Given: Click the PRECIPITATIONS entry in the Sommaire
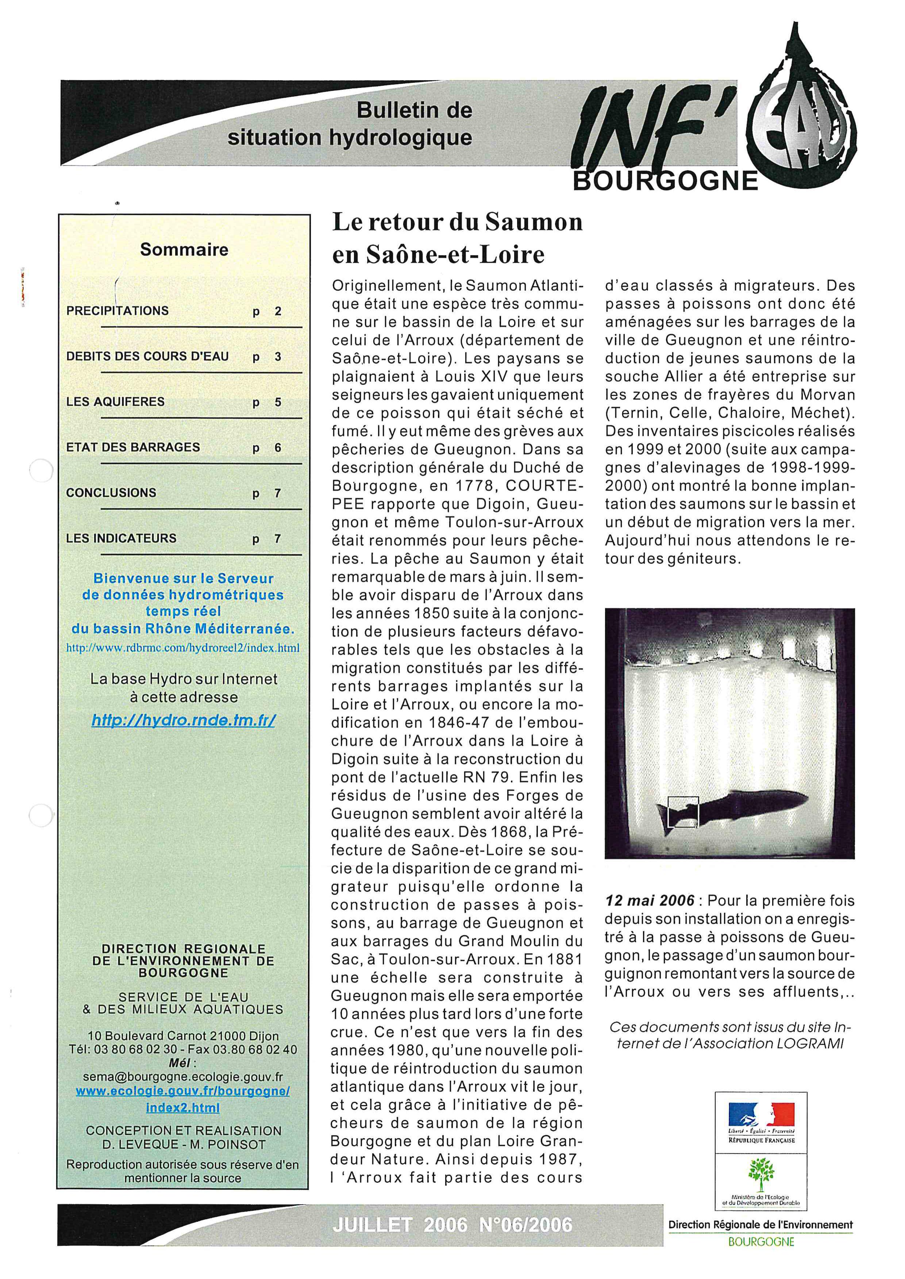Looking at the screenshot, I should (117, 311).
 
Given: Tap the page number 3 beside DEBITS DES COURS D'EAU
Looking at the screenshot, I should (277, 357).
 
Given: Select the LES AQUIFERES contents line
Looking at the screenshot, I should (115, 402).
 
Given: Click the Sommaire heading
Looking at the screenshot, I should (184, 249).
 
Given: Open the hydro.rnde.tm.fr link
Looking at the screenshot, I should (183, 720).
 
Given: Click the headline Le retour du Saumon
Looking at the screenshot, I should (457, 222).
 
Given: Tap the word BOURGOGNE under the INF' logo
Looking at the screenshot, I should (665, 181).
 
